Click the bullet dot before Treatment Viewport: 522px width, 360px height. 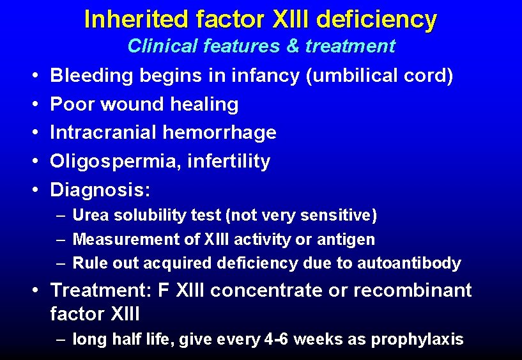tap(38, 290)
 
